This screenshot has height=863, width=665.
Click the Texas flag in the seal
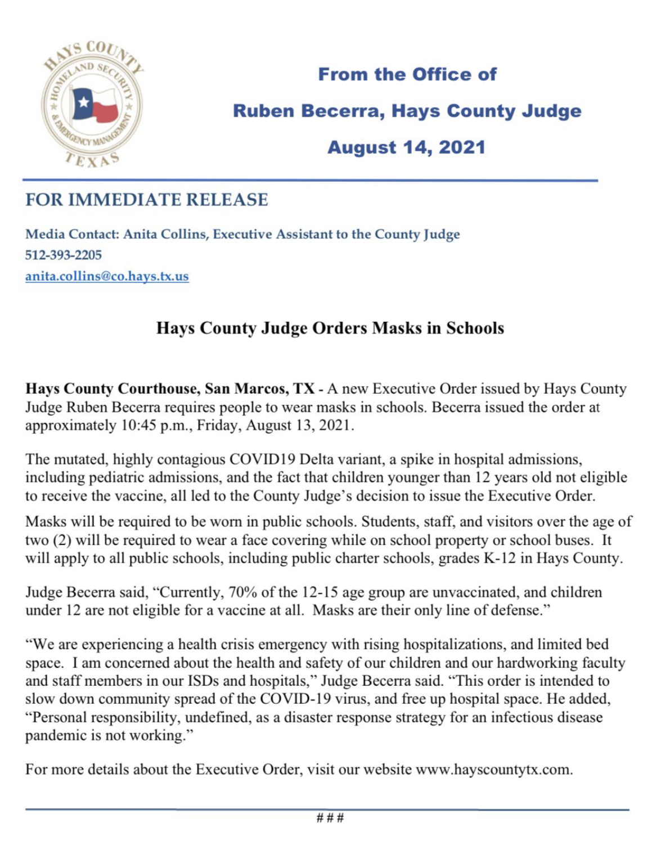pos(95,105)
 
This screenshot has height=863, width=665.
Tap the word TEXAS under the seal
pos(92,160)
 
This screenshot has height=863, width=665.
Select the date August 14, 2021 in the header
pos(406,147)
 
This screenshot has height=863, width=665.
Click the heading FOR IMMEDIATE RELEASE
pos(147,200)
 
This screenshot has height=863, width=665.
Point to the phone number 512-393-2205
pos(64,255)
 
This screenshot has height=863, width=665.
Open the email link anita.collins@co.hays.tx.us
pos(107,276)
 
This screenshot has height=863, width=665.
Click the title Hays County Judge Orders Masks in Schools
pos(330,328)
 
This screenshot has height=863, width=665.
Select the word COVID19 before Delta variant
pos(262,459)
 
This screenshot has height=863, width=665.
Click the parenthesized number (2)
pos(62,540)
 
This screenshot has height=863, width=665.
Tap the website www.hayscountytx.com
pos(493,769)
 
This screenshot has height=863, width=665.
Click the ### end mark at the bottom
pos(330,817)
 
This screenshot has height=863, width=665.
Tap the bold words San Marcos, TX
pos(259,389)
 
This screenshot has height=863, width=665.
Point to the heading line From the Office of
pos(407,74)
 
